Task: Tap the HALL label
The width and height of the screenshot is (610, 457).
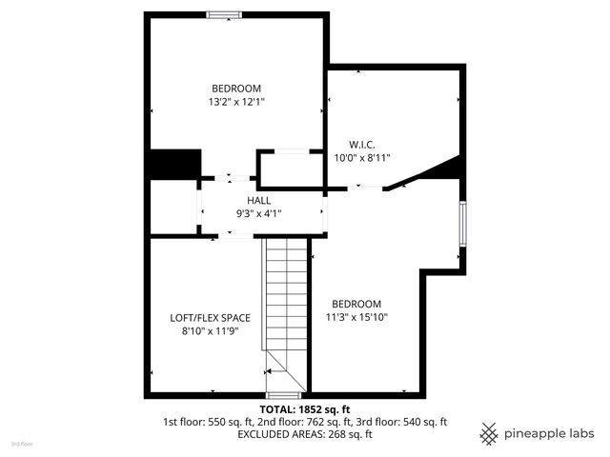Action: [x=259, y=201]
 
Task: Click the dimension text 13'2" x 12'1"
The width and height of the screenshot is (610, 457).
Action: [x=237, y=101]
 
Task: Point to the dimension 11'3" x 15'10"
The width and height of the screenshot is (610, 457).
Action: [x=357, y=317]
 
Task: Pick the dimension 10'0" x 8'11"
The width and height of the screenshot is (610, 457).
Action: [x=363, y=157]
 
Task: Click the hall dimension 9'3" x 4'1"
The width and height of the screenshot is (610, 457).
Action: [x=259, y=214]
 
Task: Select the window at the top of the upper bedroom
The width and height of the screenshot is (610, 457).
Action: [x=225, y=14]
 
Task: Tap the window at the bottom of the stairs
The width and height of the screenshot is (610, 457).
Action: [x=283, y=394]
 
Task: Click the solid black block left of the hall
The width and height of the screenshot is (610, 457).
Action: [x=173, y=164]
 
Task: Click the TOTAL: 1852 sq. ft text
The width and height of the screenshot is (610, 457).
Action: [x=305, y=407]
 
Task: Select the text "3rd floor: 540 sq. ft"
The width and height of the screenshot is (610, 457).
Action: [x=400, y=421]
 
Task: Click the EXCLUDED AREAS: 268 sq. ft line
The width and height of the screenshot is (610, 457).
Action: [x=305, y=434]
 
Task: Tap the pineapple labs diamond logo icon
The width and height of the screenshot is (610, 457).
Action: [x=490, y=433]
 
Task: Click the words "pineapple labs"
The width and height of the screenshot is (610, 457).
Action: [x=550, y=433]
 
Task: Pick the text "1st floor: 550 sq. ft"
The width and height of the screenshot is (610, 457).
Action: [x=209, y=421]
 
